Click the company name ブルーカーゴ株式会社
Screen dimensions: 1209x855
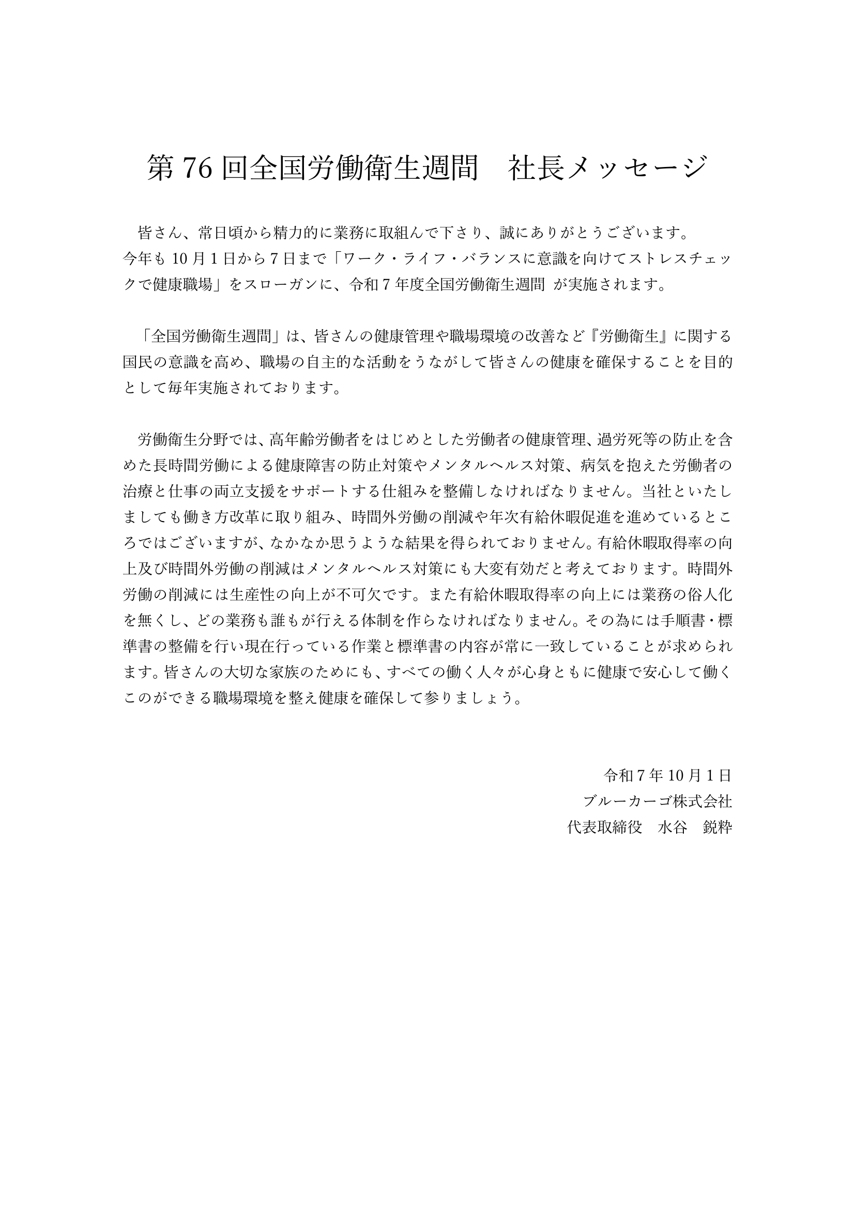coord(657,801)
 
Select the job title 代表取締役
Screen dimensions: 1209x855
coord(604,827)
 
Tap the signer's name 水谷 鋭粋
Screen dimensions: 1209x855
coord(695,827)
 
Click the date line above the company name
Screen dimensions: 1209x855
coord(667,775)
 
